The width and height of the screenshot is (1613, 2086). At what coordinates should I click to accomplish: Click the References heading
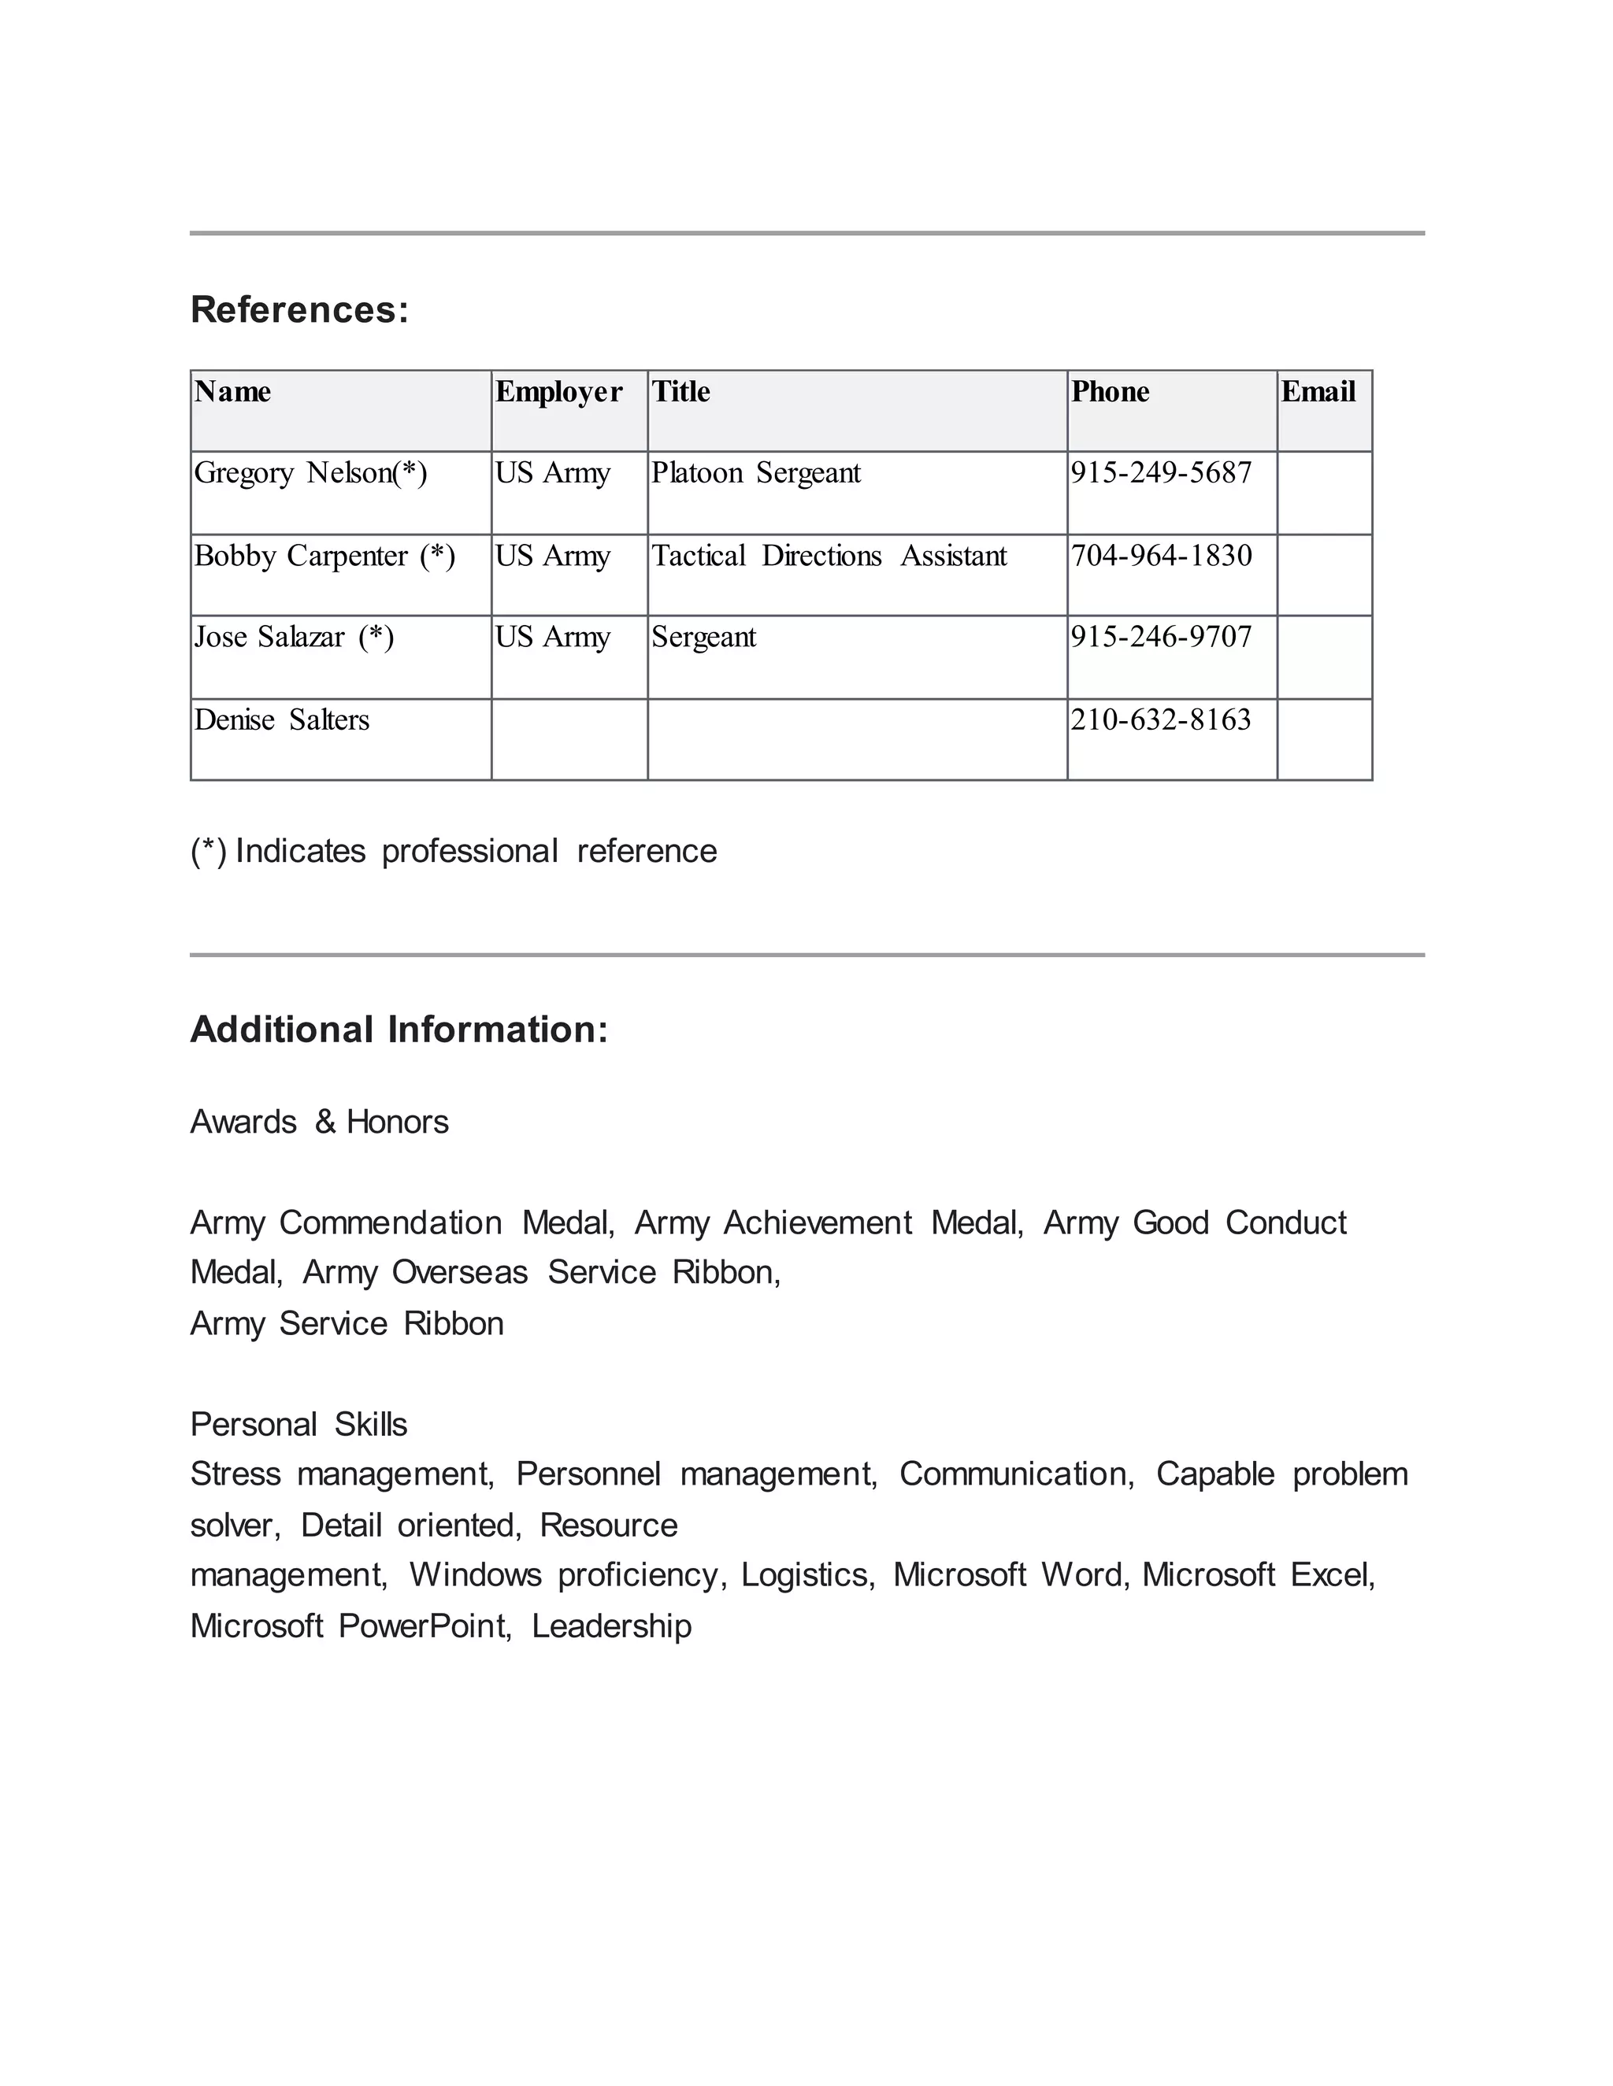(x=299, y=310)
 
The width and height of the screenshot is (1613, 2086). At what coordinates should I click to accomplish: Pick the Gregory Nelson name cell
(x=310, y=474)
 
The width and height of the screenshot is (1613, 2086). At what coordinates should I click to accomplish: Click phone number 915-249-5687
(x=1160, y=474)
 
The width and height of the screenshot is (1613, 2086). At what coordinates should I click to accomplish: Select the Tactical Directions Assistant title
(x=829, y=557)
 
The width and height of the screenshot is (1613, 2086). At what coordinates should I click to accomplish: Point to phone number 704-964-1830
(x=1160, y=557)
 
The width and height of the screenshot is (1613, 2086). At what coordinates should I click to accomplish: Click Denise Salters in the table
(x=281, y=720)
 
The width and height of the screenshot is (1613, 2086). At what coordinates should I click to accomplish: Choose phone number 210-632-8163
(x=1160, y=720)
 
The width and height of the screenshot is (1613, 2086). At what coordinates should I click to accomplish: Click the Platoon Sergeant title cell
(x=756, y=474)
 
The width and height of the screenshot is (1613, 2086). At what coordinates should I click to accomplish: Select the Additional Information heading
(x=399, y=1030)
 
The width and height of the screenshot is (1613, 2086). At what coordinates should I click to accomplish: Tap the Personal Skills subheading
(x=298, y=1425)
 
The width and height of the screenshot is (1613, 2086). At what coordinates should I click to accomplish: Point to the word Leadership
(x=610, y=1626)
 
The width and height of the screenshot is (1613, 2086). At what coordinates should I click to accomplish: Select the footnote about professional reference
(x=453, y=852)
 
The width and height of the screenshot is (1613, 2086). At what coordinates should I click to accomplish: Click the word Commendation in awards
(x=390, y=1223)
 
